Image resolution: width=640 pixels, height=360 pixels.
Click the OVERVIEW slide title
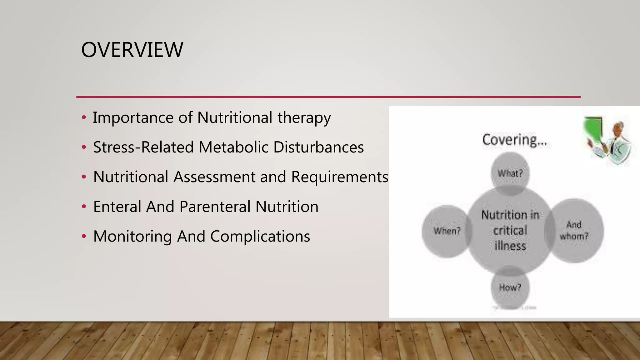click(132, 50)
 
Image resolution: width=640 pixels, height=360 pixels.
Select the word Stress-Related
click(143, 147)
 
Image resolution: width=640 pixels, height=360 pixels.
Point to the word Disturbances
click(318, 147)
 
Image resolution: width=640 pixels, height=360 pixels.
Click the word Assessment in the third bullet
click(214, 177)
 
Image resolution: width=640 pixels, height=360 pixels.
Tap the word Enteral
click(117, 207)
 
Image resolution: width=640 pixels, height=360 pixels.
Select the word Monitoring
click(132, 237)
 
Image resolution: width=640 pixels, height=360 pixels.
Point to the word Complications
click(260, 237)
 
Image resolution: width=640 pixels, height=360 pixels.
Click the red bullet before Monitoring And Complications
click(83, 237)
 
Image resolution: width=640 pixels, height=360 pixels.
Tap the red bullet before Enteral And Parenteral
click(83, 207)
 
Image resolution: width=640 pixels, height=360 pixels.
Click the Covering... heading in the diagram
click(514, 140)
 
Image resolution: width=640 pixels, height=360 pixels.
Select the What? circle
click(510, 173)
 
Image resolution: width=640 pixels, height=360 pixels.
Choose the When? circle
click(447, 231)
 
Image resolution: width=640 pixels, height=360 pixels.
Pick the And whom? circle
click(574, 230)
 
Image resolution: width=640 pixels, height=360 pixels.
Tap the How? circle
click(510, 287)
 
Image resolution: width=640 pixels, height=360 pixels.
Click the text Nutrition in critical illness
click(510, 230)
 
